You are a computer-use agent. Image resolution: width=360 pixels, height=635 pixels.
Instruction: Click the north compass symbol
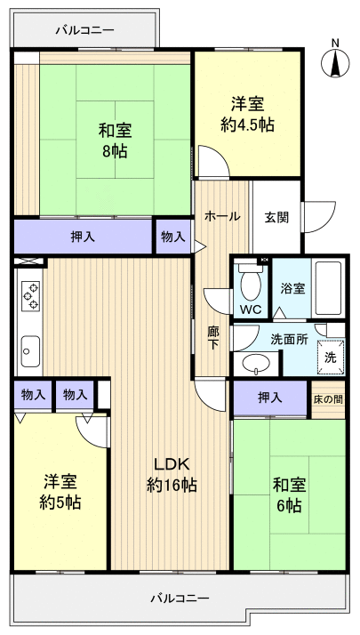[335, 60]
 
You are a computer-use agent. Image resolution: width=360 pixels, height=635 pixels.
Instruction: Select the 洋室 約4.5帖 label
[247, 115]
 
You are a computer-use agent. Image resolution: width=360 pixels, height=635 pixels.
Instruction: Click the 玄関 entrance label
[276, 216]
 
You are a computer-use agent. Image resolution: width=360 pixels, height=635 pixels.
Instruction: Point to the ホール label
[221, 216]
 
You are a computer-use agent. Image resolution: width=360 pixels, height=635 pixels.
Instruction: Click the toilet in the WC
[250, 285]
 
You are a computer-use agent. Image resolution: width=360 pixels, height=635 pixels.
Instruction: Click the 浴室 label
[292, 289]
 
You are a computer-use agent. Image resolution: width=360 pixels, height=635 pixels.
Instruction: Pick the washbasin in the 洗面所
[257, 362]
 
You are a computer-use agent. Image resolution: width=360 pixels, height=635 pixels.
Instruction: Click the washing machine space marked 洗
[329, 356]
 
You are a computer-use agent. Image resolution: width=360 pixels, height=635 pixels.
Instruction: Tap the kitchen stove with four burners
[29, 295]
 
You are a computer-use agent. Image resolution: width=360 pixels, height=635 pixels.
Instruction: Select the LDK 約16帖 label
[172, 475]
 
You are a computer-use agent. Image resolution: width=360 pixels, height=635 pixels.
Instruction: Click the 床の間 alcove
[326, 398]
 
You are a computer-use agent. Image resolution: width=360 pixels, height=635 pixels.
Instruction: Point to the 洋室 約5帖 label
[61, 492]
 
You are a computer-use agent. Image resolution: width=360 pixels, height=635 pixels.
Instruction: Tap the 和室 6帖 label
[286, 494]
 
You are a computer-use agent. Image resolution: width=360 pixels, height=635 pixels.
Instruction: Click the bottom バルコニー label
[180, 598]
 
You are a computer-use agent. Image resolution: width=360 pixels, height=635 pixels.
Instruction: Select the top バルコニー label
[84, 29]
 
